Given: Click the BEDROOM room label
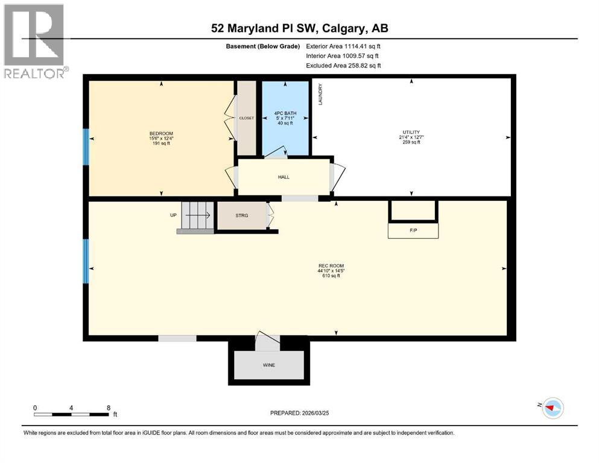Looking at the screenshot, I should [161, 133].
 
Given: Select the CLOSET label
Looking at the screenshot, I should [246, 118].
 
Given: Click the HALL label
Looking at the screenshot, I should [284, 177].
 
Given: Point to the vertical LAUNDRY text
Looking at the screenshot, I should [320, 95].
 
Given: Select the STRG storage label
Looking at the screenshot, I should [241, 215].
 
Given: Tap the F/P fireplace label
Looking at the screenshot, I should [413, 230].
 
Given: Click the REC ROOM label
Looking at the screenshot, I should [331, 266].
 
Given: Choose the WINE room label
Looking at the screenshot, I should [268, 365].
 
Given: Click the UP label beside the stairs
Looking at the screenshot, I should [173, 215].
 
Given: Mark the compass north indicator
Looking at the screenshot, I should [550, 408].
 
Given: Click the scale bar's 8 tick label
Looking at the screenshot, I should [108, 408].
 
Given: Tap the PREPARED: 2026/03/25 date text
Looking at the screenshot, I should [300, 413].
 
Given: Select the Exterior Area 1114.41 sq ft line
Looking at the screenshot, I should [343, 46].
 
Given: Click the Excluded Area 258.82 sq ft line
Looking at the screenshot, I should [343, 65].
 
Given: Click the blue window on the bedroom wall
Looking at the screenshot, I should [86, 146].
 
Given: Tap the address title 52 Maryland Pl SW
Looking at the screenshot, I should [299, 28].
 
